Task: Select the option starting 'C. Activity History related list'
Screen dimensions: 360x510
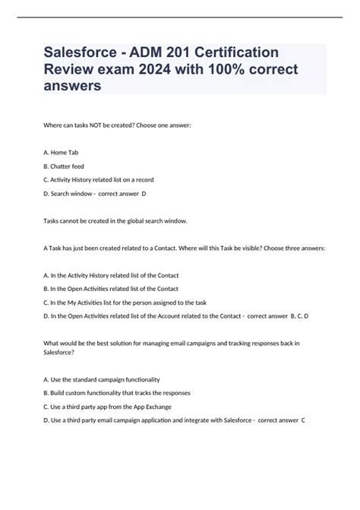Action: (x=110, y=179)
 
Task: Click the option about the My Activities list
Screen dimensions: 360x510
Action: (x=125, y=302)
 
